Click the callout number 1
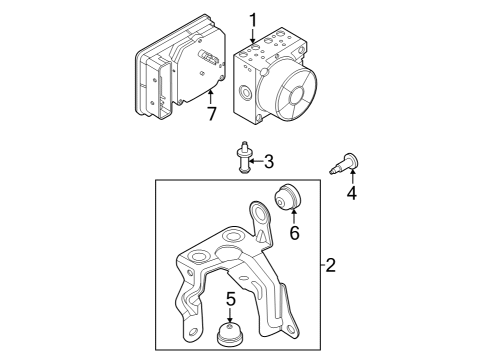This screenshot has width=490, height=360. click(253, 19)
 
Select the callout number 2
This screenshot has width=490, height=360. click(331, 266)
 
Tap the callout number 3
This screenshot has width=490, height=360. click(268, 160)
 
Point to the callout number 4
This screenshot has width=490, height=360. click(351, 192)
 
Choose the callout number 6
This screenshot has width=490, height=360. click(294, 233)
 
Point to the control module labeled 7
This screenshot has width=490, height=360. click(170, 75)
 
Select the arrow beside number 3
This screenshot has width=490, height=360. click(256, 160)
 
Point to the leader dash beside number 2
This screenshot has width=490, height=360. click(320, 266)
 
